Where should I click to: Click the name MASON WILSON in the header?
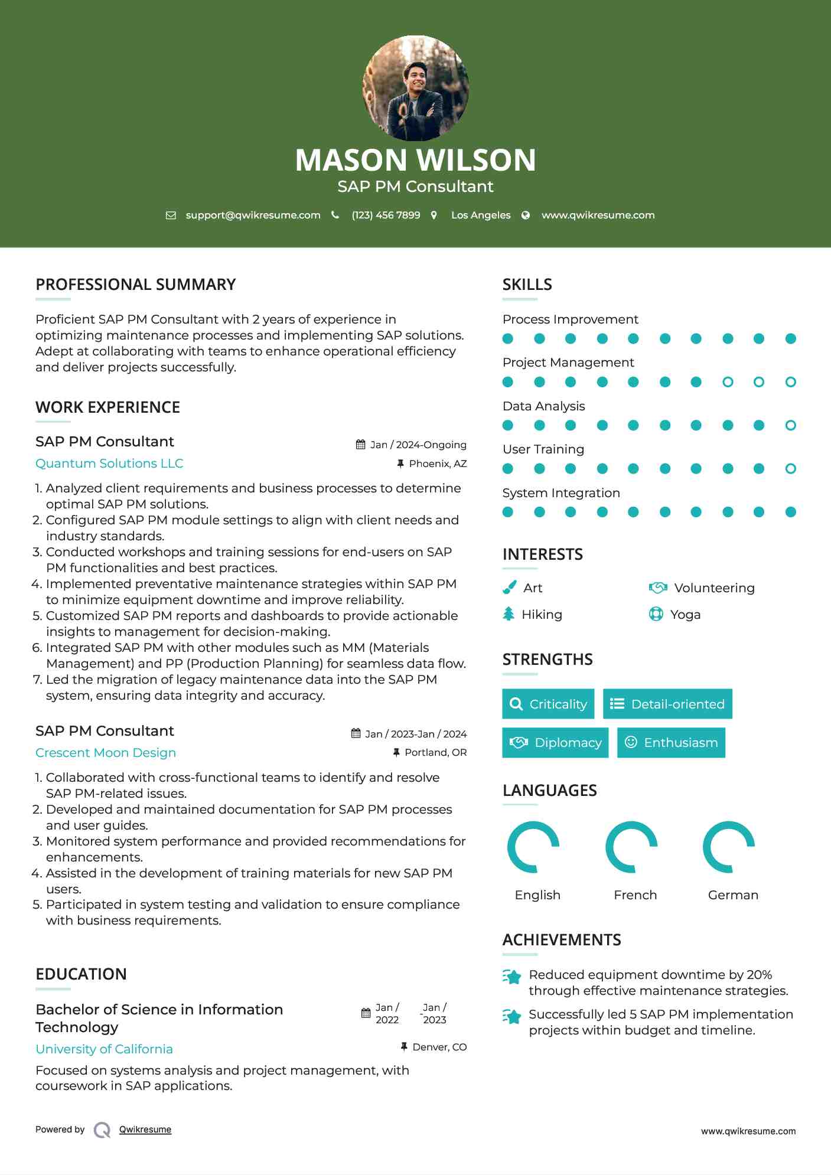click(x=415, y=160)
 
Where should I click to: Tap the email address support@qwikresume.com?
click(x=253, y=216)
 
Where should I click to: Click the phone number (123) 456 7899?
click(x=386, y=216)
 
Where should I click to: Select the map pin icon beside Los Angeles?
click(x=434, y=216)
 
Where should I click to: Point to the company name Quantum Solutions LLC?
click(x=109, y=464)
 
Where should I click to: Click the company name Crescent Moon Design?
click(x=106, y=753)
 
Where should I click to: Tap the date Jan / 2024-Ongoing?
click(x=418, y=445)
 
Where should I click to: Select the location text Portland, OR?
click(x=435, y=752)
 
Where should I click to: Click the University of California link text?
click(x=104, y=1049)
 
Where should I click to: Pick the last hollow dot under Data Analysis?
click(x=790, y=425)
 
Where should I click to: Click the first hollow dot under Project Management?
click(x=728, y=382)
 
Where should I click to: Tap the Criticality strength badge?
click(x=548, y=704)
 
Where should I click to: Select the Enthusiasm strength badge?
click(x=671, y=742)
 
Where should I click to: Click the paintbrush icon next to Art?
click(x=509, y=587)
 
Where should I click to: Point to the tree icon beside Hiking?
click(x=509, y=614)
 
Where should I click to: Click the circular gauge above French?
click(x=631, y=847)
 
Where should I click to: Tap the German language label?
click(x=733, y=895)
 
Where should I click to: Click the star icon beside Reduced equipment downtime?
click(x=512, y=977)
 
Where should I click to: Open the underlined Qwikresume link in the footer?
click(x=145, y=1130)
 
